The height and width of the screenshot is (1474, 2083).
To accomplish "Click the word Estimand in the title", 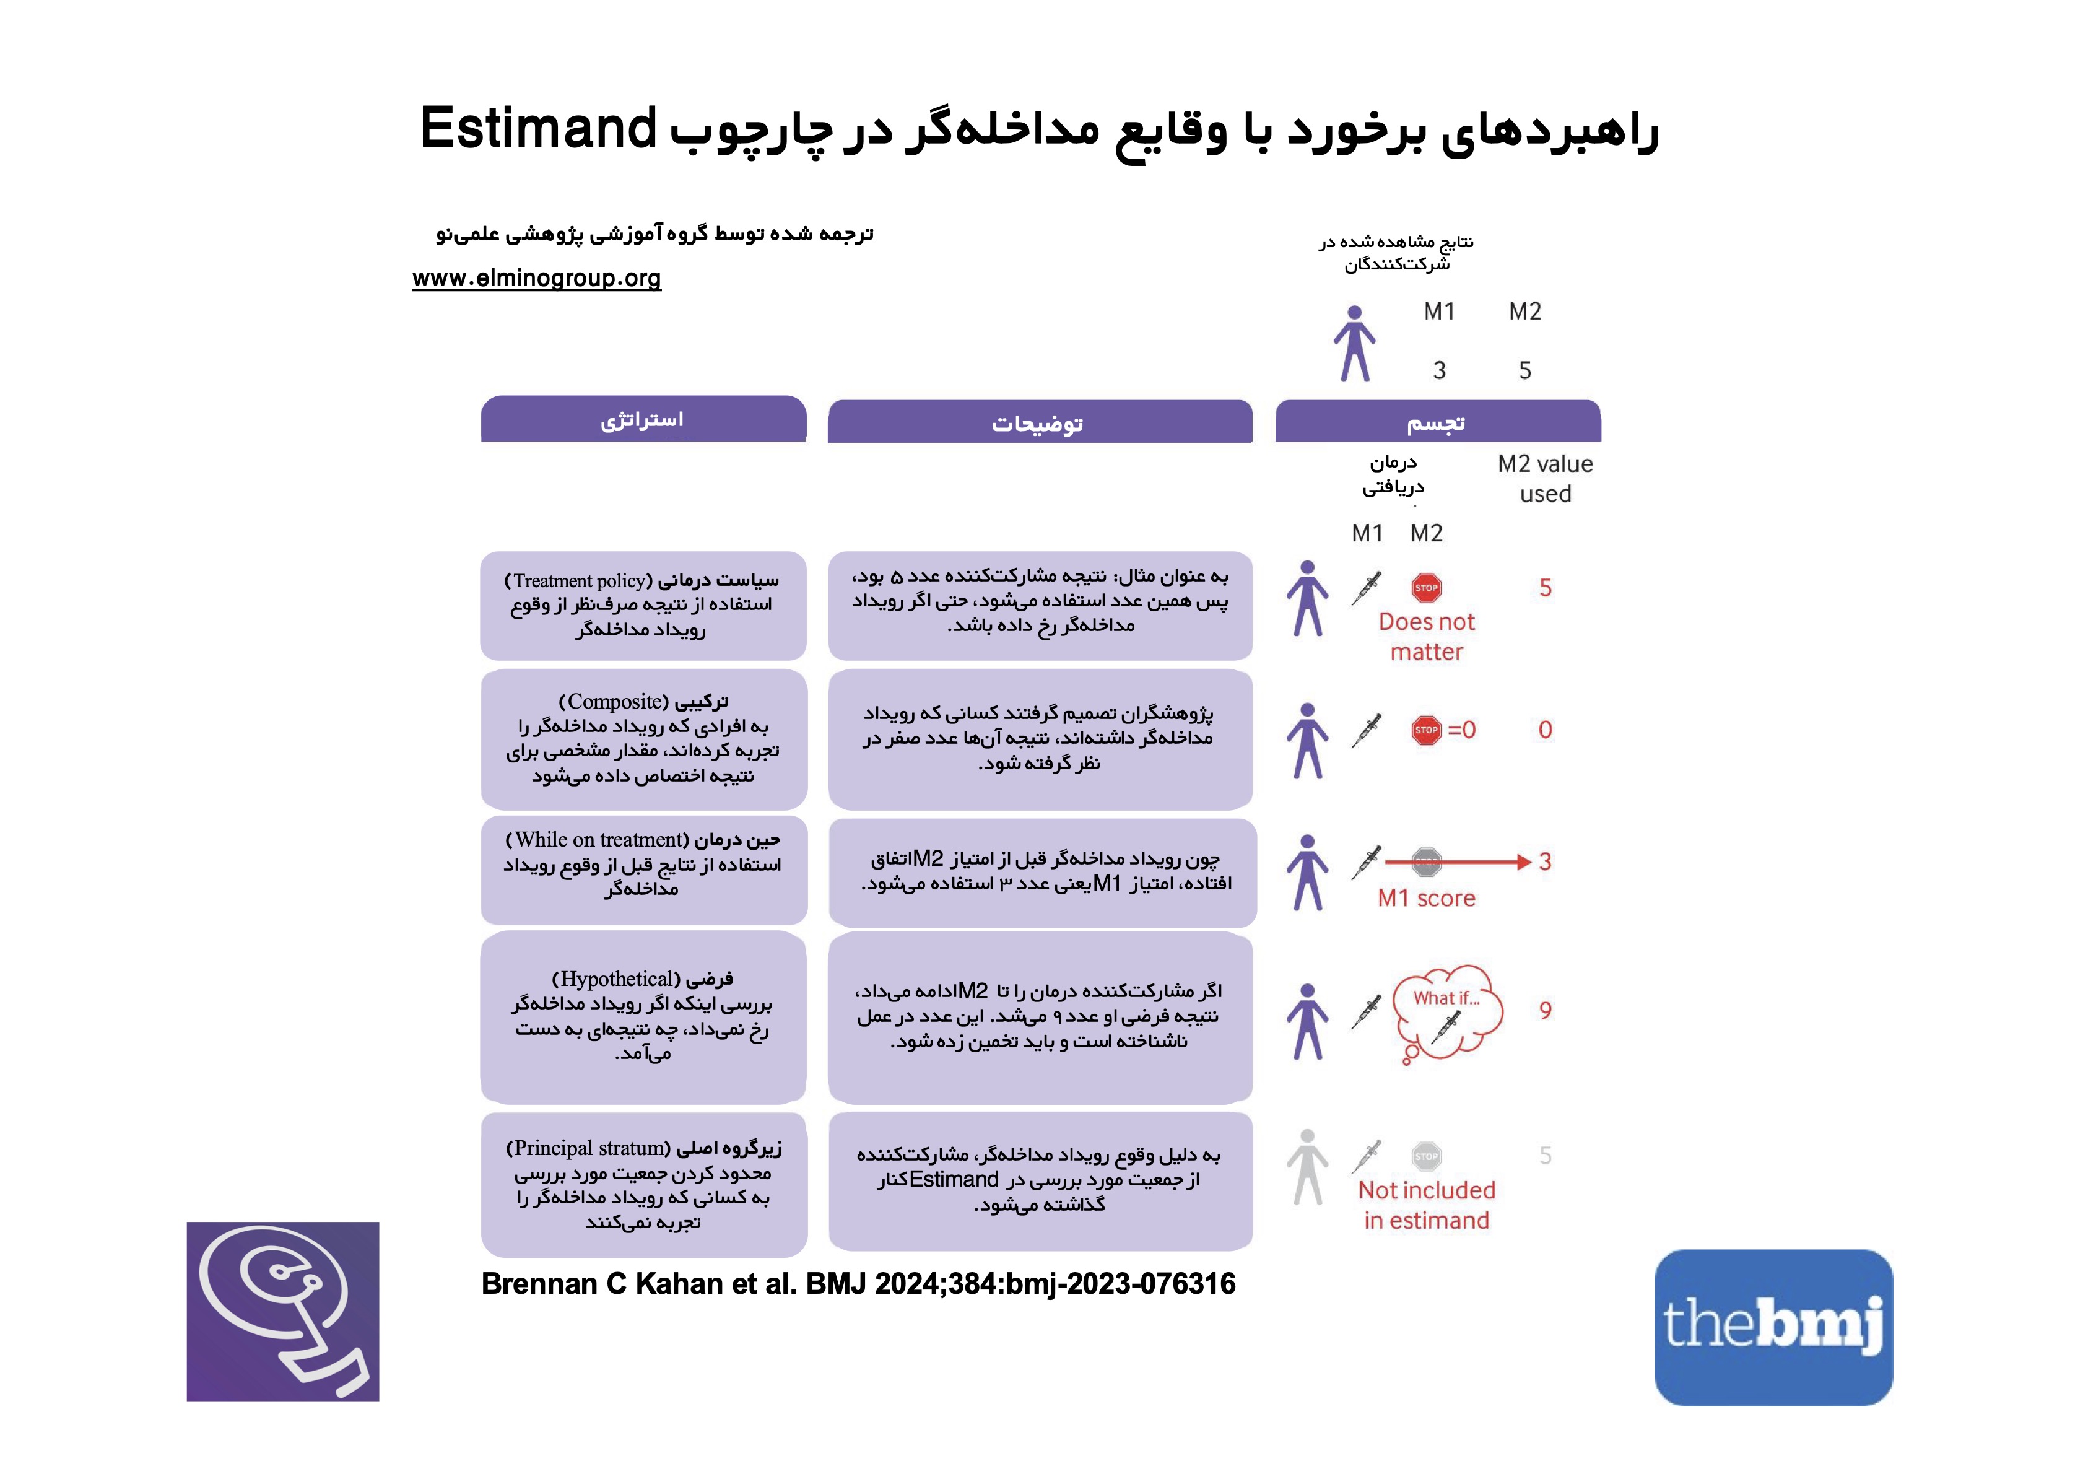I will [538, 129].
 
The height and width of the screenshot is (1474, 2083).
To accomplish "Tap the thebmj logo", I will [1773, 1327].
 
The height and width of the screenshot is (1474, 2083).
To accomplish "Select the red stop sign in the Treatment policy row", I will [1426, 588].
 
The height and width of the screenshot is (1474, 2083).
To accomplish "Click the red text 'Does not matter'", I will [1426, 636].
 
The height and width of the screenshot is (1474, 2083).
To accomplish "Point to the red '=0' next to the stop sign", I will [1461, 730].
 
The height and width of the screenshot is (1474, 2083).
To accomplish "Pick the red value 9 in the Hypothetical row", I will [1545, 1010].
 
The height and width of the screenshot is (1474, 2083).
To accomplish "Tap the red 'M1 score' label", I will [1426, 899].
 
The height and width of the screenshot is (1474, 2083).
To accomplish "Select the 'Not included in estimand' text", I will [1426, 1205].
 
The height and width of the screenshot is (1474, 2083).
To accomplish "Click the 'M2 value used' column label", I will [1545, 478].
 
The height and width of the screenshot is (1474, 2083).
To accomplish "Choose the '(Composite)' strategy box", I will [643, 739].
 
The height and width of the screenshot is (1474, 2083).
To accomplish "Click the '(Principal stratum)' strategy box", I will [643, 1184].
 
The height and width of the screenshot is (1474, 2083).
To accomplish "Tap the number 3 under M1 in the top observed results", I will [1439, 370].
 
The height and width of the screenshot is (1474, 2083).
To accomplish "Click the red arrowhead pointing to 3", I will [1524, 862].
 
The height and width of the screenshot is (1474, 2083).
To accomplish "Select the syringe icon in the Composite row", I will [1367, 731].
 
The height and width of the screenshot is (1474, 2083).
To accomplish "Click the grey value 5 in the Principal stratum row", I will [1545, 1156].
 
